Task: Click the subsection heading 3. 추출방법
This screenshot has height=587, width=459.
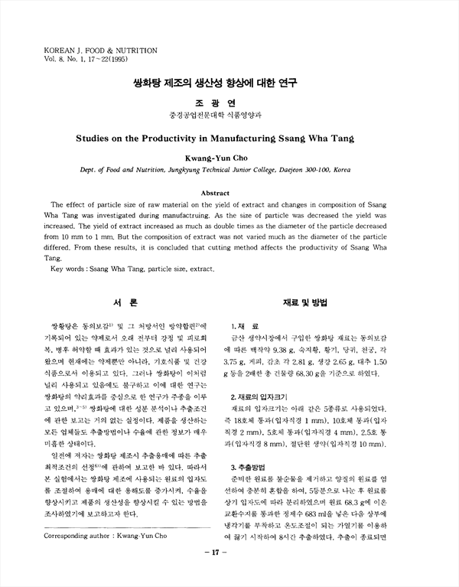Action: pyautogui.click(x=249, y=466)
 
